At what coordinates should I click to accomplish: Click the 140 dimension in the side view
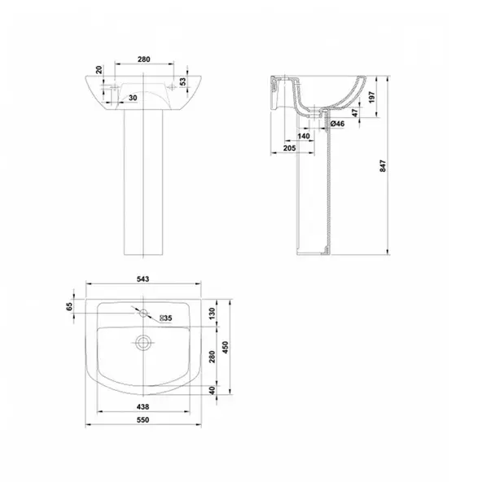pos(304,136)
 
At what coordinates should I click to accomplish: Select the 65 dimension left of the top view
pos(71,306)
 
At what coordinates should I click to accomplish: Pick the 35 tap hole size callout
pos(164,318)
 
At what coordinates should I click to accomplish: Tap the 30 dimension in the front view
pos(132,97)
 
